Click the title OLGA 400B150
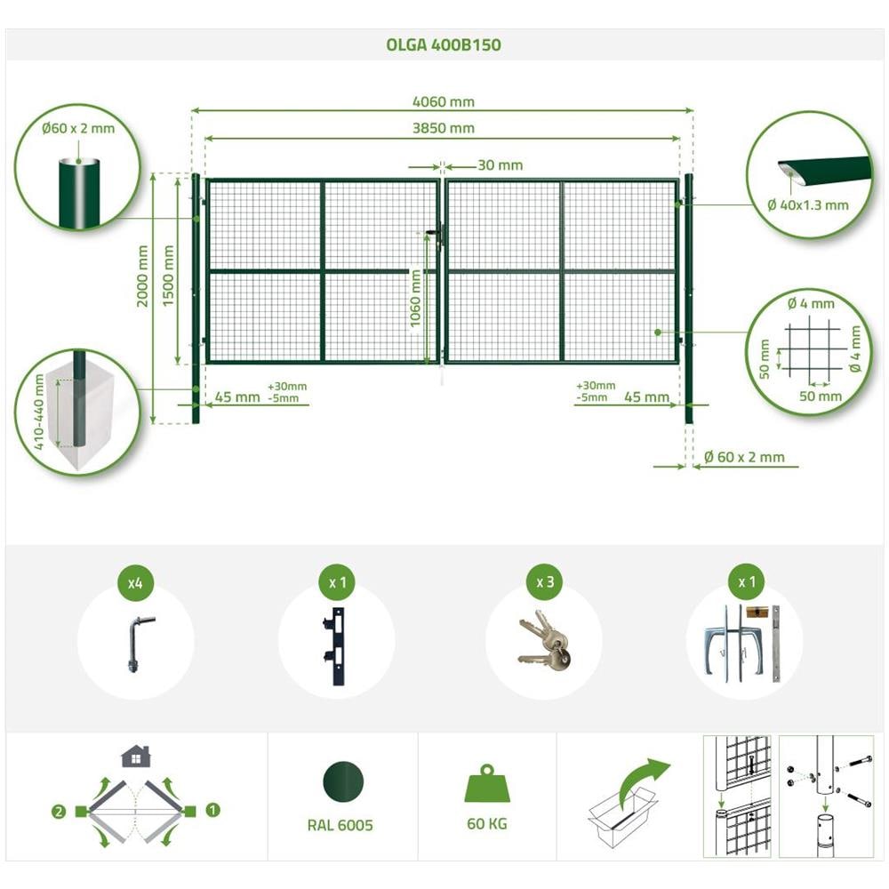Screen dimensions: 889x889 (444, 44)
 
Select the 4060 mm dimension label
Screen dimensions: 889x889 (444, 101)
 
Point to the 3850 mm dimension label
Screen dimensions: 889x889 (444, 128)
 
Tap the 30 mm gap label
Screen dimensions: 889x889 (500, 165)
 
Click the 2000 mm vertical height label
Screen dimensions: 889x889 (142, 276)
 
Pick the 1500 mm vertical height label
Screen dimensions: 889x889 (168, 276)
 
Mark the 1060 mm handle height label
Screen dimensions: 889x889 (415, 298)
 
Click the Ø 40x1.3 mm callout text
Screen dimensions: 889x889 (808, 205)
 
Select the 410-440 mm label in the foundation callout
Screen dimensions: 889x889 (38, 412)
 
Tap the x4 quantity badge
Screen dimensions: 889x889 (135, 583)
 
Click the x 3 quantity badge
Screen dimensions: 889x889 (545, 582)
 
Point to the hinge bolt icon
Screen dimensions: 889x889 (137, 644)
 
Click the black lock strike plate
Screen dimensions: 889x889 (336, 645)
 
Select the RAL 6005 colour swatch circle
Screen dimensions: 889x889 (343, 781)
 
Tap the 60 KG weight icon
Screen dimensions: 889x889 (487, 784)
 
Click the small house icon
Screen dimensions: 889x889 (135, 757)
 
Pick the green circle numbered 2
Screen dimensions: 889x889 (59, 812)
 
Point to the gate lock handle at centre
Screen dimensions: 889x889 (436, 234)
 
